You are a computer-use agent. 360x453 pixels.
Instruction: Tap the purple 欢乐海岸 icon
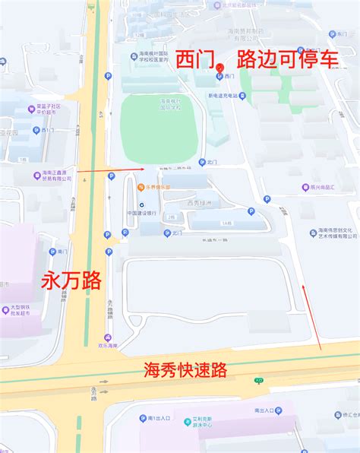tap(107, 338)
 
